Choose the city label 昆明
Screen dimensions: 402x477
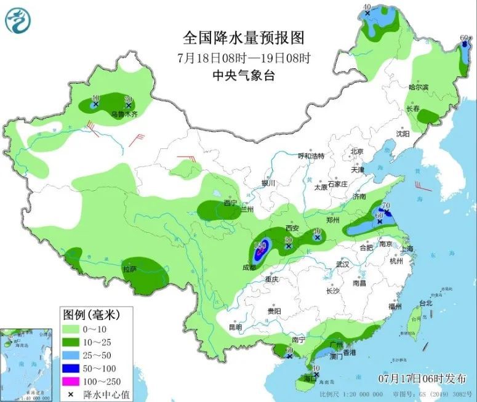click(235, 327)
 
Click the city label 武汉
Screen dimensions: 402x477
click(342, 264)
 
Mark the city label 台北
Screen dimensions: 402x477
click(426, 303)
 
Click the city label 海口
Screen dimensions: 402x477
click(309, 378)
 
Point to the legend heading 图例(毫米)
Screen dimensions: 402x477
click(90, 315)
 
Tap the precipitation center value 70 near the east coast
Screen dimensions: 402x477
click(387, 206)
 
